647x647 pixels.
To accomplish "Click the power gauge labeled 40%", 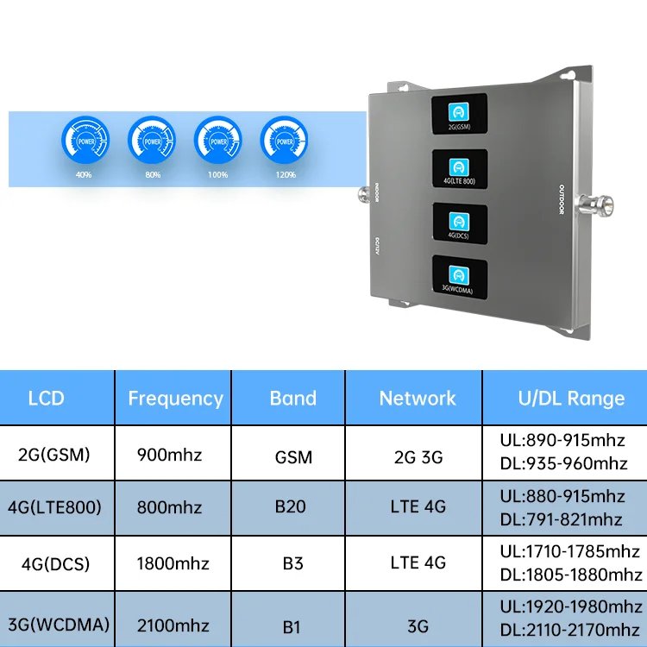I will [x=85, y=140].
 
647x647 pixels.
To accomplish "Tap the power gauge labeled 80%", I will [x=152, y=140].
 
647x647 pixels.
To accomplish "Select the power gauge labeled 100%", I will [x=217, y=140].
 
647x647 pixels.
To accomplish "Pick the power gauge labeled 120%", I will [x=284, y=140].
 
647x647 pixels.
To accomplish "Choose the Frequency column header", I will [x=175, y=399].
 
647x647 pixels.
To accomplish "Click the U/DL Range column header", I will [x=571, y=399].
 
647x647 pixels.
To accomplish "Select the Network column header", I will [x=418, y=399].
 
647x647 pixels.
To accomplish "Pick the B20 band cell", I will [x=291, y=506].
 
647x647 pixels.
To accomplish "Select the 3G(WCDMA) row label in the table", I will [x=58, y=620].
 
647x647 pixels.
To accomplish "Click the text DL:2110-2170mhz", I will [x=569, y=631].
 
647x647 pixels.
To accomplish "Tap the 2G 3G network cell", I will [x=418, y=455].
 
